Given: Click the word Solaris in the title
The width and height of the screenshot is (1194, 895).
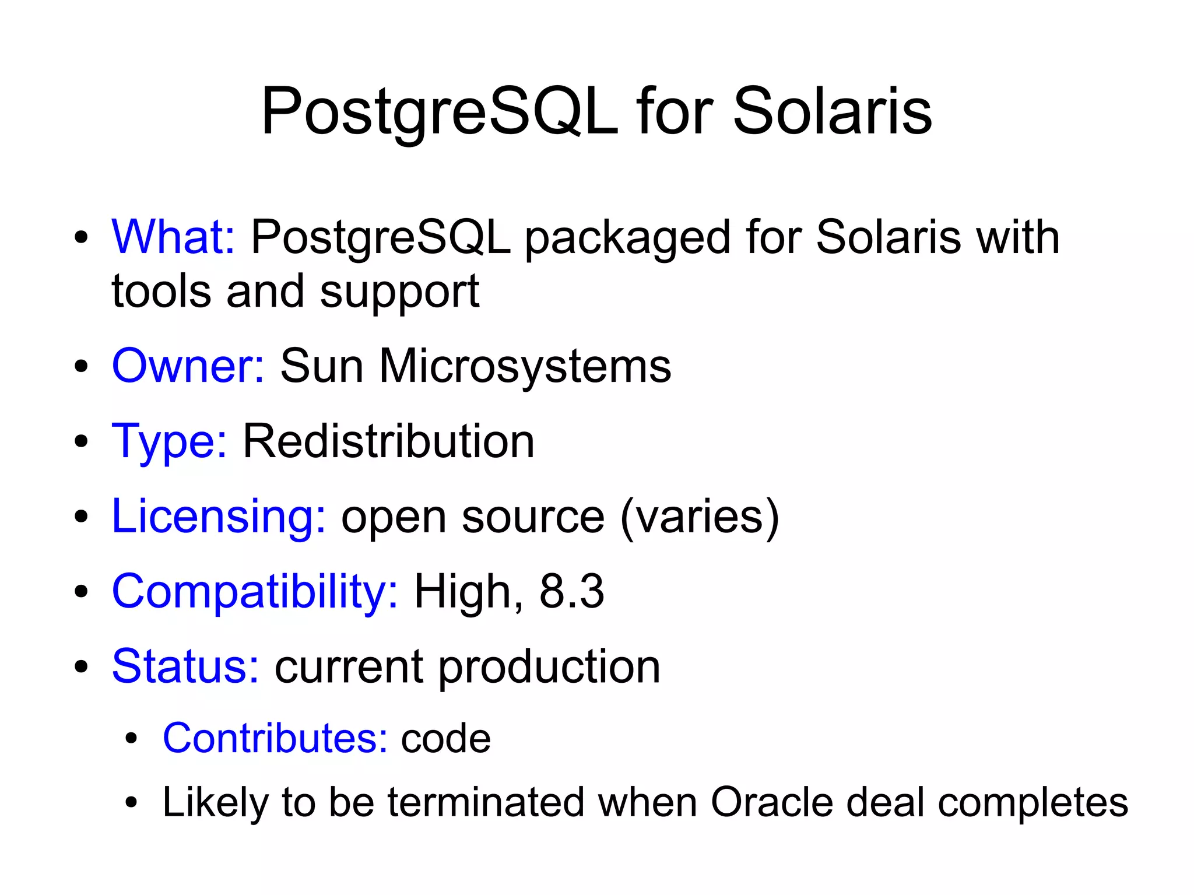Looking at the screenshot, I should coord(832,112).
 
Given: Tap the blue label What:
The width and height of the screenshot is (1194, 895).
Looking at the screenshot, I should coord(173,237).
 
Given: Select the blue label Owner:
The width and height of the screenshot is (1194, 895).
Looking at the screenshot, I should coord(188,366).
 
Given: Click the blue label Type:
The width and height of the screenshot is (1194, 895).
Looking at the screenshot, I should coord(169,442).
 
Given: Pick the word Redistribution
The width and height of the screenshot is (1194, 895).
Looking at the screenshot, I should coord(388,441).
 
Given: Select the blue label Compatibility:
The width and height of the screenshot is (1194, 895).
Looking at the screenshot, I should coord(255,592).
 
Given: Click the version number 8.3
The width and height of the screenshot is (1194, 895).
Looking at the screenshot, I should coord(571,592).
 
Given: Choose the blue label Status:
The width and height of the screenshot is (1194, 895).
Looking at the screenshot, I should coord(185,666).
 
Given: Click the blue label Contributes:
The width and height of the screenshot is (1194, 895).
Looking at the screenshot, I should coord(275,739).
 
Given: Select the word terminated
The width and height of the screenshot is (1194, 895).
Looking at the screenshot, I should coord(486,802).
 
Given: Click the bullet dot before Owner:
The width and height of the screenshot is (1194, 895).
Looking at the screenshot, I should coord(81,367).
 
